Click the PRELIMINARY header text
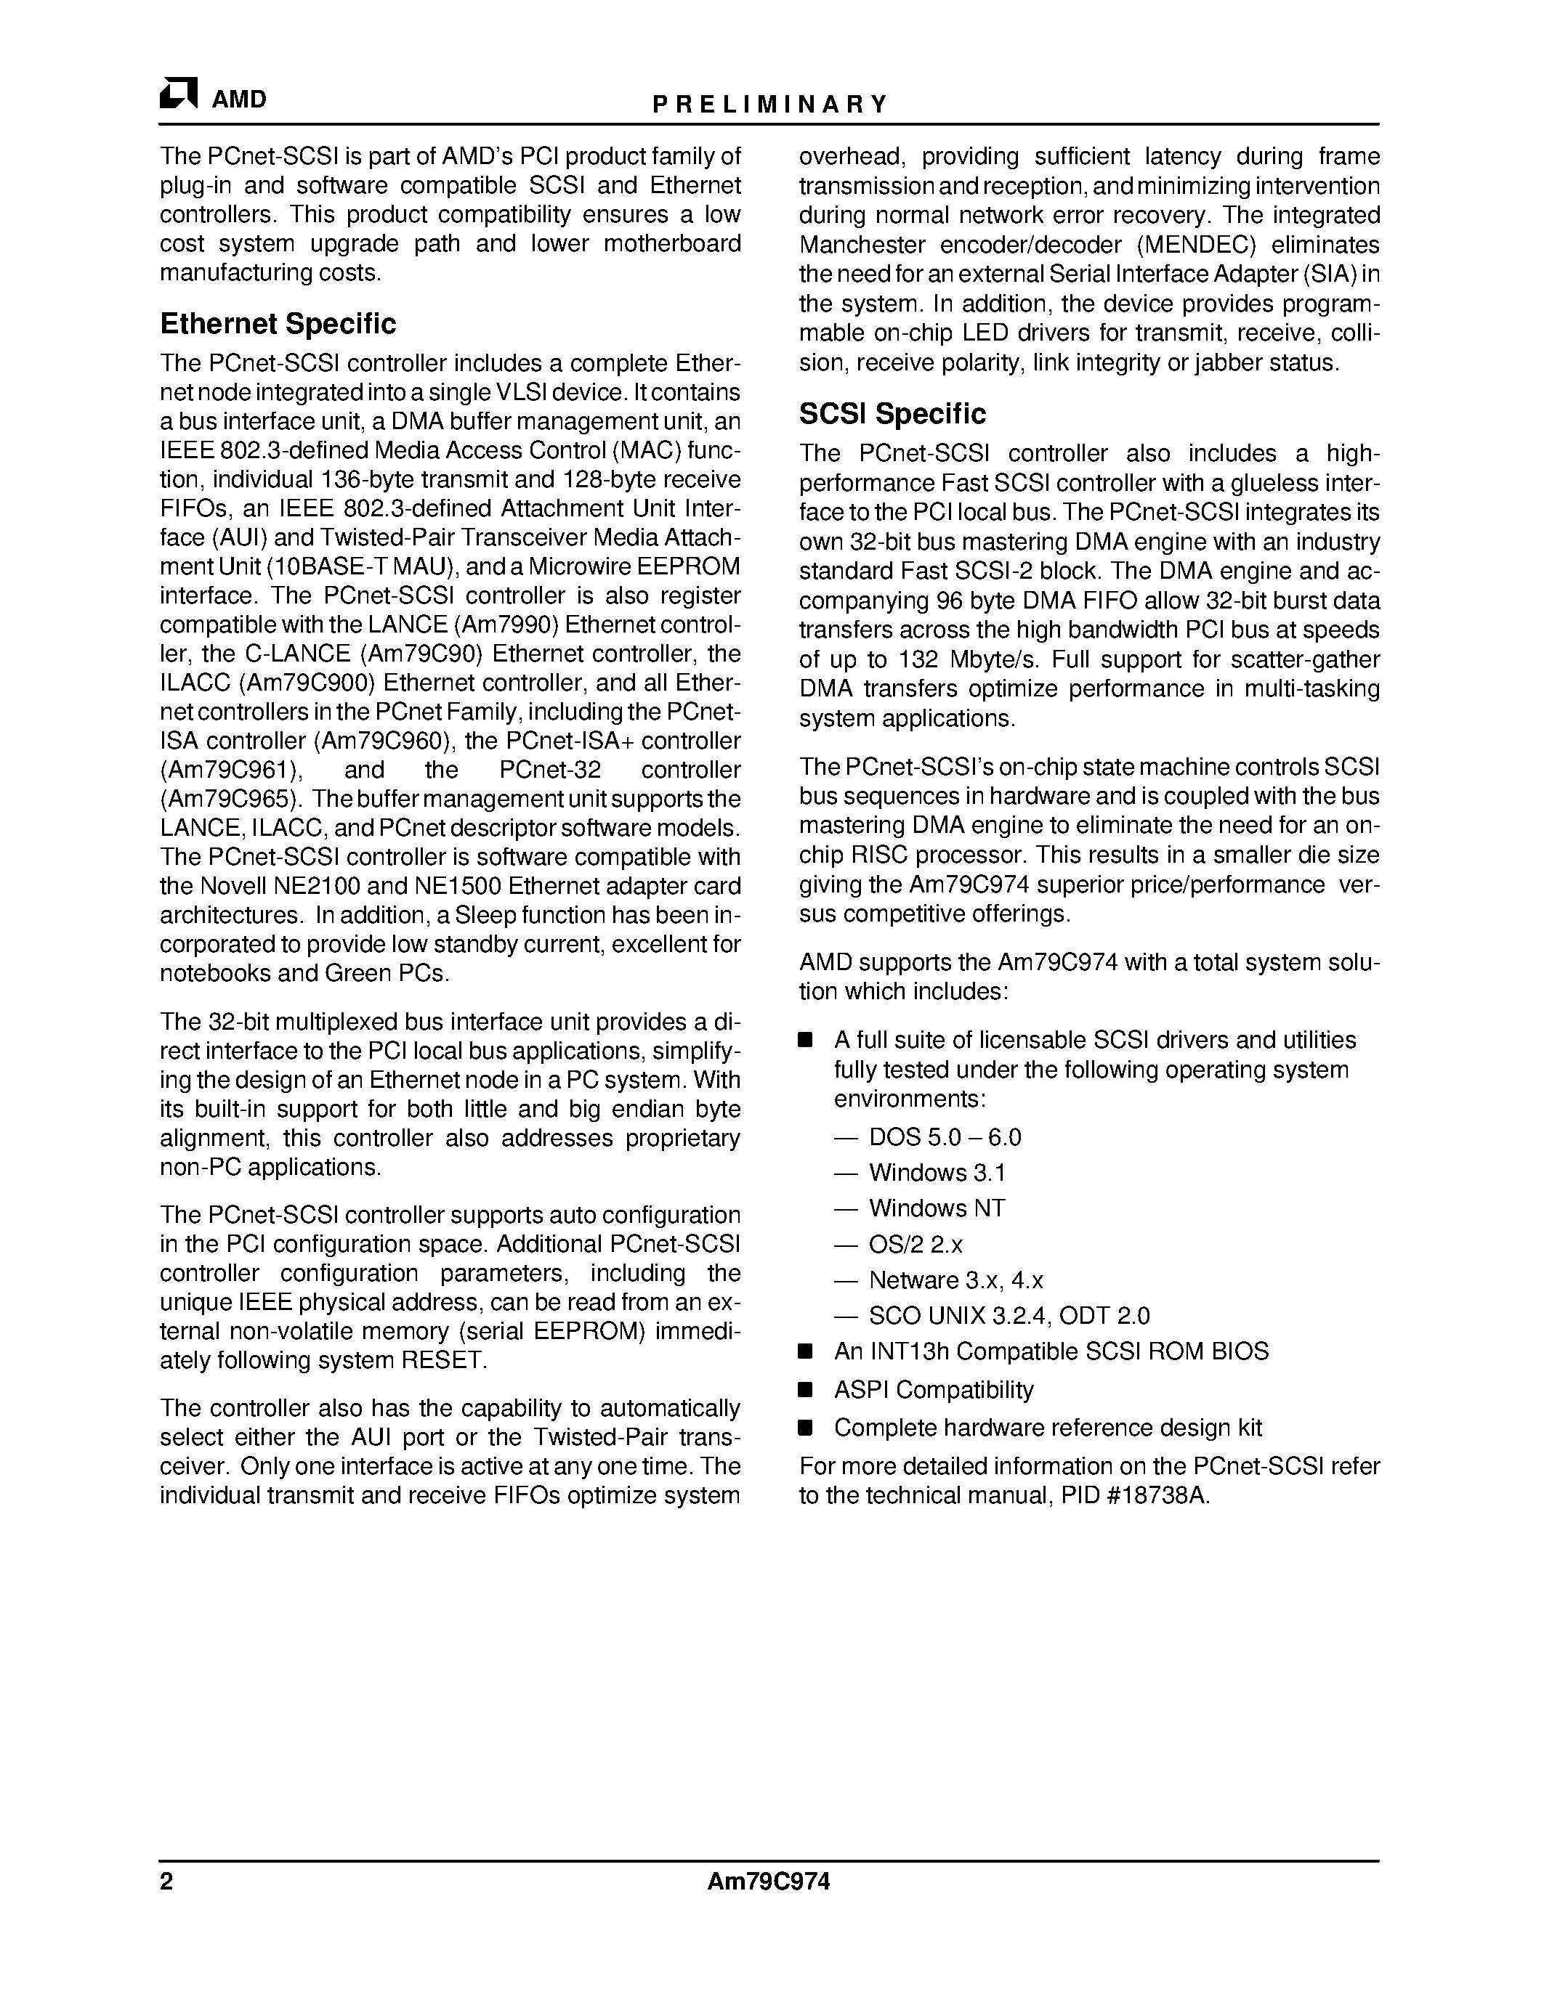click(769, 105)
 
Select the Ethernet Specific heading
click(278, 324)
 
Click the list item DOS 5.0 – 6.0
click(944, 1137)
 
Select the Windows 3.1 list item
click(937, 1173)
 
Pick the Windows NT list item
click(937, 1209)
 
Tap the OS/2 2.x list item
click(915, 1245)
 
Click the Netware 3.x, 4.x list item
click(955, 1280)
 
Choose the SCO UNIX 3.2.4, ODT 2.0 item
click(1008, 1316)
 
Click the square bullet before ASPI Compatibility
click(805, 1390)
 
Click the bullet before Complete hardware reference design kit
click(805, 1428)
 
